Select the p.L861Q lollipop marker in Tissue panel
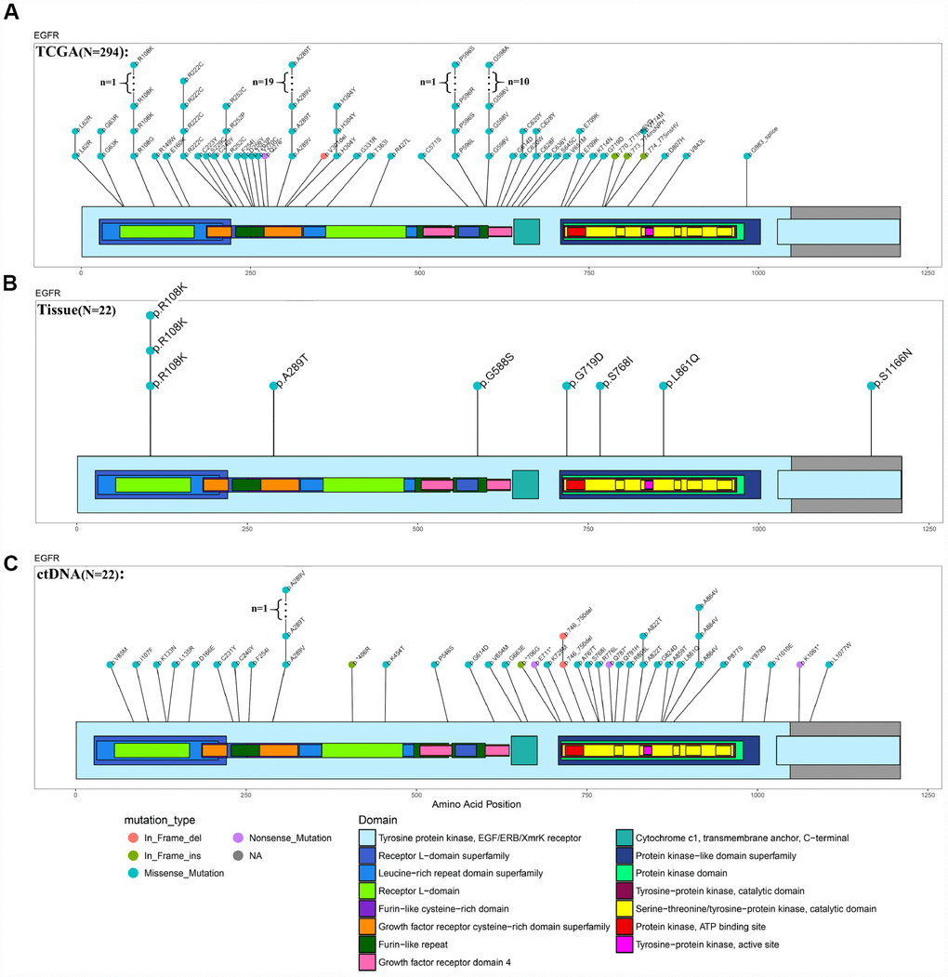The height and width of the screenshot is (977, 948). (x=664, y=385)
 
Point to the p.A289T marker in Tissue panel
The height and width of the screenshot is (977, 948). (x=273, y=385)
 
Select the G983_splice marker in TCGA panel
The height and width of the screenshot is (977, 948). (x=747, y=155)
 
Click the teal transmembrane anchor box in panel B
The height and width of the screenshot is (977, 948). (x=525, y=484)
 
